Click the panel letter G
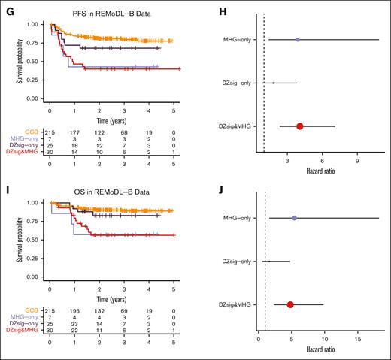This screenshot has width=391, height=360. (5, 6)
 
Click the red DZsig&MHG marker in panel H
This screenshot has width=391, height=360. (300, 126)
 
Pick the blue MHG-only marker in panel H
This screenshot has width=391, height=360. (298, 39)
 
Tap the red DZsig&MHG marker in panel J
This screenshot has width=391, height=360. (290, 304)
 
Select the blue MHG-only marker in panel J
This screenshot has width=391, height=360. (294, 218)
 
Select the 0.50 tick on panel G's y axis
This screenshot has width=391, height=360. (33, 61)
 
